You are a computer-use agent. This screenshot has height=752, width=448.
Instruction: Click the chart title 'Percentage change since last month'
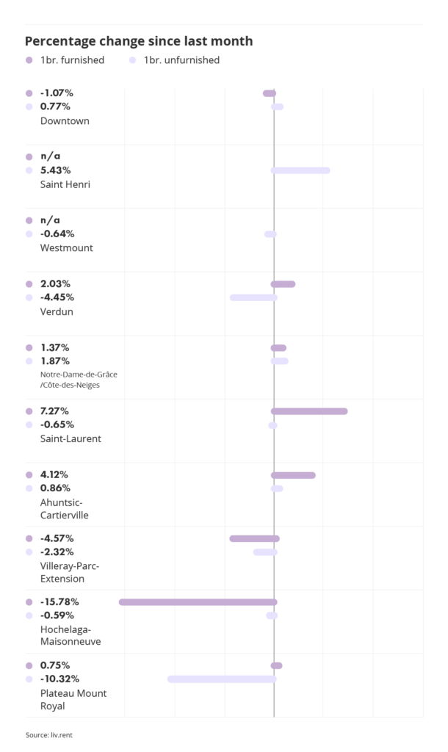click(139, 41)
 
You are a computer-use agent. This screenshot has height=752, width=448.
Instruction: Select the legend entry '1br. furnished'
click(72, 60)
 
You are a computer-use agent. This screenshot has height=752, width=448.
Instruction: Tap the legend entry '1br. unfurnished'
click(181, 60)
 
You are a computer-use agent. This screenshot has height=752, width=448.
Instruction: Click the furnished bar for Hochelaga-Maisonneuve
click(198, 602)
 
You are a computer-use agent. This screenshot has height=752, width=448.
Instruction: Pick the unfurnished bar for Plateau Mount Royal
click(222, 679)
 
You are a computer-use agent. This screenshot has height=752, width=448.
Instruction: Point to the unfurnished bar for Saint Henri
click(300, 170)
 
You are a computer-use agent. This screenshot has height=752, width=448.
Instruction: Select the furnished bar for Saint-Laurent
click(309, 411)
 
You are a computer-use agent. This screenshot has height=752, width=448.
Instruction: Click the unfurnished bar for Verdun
click(253, 297)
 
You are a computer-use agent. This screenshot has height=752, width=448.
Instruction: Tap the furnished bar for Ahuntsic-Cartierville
click(293, 475)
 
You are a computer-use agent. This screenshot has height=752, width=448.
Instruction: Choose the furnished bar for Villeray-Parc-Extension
click(254, 538)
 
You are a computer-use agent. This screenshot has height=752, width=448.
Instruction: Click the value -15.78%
click(59, 602)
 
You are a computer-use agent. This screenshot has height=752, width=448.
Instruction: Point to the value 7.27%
click(57, 411)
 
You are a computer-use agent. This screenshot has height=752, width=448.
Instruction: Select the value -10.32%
click(59, 679)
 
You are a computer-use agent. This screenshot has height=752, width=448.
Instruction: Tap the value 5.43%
click(57, 170)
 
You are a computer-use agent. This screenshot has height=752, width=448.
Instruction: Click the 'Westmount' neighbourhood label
click(66, 247)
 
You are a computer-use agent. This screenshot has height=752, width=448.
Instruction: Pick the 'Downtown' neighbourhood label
click(65, 120)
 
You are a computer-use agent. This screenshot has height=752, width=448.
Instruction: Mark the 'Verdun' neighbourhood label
click(57, 311)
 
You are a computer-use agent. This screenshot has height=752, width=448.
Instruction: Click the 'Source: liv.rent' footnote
click(48, 734)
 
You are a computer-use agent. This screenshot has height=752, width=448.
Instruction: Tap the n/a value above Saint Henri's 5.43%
click(50, 156)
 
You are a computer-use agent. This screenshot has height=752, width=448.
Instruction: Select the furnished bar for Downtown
click(270, 93)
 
